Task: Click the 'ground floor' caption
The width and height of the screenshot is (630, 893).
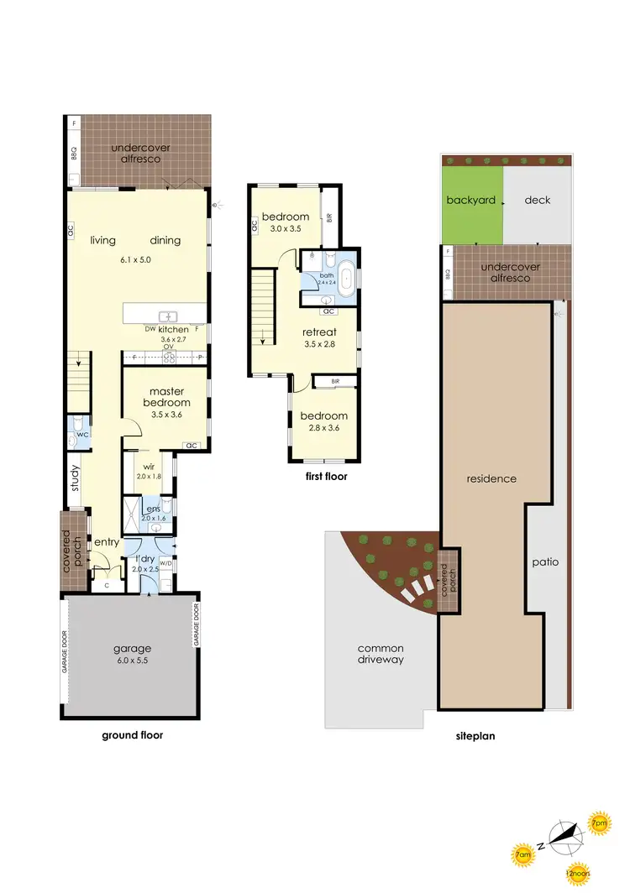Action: [x=132, y=735]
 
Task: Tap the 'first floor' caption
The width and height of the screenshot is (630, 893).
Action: [x=327, y=477]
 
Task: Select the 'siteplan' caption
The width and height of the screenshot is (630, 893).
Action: [x=475, y=736]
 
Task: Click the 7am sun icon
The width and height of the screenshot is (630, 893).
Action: [x=522, y=856]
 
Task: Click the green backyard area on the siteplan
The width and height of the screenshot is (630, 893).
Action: [x=472, y=201]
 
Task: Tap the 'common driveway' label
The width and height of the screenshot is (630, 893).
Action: [x=381, y=654]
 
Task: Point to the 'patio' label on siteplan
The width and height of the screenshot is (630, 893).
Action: [x=545, y=562]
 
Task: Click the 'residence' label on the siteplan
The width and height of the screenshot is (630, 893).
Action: [x=492, y=478]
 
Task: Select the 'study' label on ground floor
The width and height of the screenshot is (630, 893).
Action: [x=75, y=483]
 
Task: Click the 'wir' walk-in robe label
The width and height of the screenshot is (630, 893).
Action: [x=147, y=467]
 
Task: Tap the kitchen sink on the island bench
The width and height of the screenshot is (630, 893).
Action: [x=169, y=316]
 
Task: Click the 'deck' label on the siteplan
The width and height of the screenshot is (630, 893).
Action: [x=536, y=200]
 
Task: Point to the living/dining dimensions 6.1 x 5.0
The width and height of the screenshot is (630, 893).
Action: [x=134, y=259]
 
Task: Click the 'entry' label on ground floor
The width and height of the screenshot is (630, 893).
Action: [x=106, y=542]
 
